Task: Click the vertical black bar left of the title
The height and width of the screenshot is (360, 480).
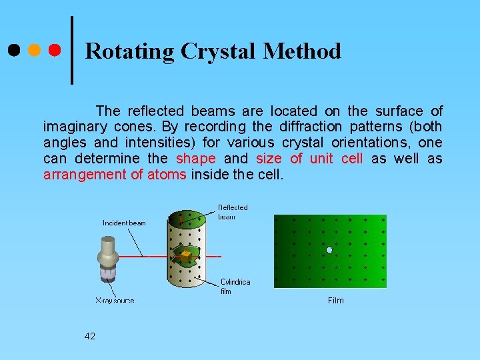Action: click(72, 51)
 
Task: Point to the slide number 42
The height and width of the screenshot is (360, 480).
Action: click(90, 336)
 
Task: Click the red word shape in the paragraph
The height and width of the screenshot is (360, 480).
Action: click(195, 159)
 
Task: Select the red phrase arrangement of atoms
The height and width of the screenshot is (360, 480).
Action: click(115, 175)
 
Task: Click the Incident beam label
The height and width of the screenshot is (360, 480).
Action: click(124, 223)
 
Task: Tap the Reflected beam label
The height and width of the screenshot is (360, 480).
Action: click(233, 212)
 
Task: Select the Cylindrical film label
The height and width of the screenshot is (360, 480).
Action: click(235, 287)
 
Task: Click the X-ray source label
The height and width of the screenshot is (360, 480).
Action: click(114, 301)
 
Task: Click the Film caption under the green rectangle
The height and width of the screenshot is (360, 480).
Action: click(336, 301)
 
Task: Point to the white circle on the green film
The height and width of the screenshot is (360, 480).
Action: click(329, 250)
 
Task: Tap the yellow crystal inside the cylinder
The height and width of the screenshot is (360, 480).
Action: click(187, 255)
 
